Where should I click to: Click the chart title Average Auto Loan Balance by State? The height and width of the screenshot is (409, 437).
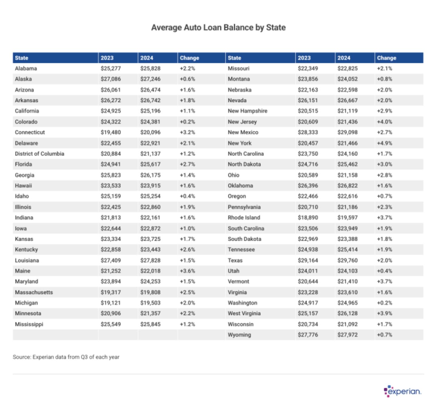point(218,28)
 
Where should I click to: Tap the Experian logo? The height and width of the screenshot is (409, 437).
point(402,391)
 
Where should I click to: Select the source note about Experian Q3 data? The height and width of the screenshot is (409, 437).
point(66,357)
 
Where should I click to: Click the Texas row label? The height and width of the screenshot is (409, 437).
point(235,260)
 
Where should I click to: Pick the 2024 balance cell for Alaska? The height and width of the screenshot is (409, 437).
point(150,79)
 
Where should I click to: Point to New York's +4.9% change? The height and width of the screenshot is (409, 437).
point(384,143)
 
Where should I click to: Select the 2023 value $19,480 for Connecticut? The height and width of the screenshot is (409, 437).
point(111,132)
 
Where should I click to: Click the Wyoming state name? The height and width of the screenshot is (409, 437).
point(239,335)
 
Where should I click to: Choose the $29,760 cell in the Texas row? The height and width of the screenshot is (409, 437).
point(347,260)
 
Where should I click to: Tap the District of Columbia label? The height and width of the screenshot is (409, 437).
point(39,154)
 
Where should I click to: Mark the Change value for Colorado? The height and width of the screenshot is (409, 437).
point(187,122)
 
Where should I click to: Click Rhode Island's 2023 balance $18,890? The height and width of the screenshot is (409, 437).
point(308,218)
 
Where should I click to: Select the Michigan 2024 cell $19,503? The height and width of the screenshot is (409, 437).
point(150,303)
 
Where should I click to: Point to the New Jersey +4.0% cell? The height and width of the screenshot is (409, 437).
point(384,122)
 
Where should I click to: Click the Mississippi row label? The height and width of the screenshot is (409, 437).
point(29,324)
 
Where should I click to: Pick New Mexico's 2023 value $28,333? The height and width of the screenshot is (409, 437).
point(308,132)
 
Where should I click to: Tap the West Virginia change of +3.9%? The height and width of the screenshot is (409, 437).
point(384,313)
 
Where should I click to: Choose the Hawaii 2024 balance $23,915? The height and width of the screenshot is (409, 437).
point(150,186)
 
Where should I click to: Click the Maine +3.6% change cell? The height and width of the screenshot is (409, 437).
point(187,271)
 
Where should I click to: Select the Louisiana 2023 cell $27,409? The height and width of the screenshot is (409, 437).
point(111,260)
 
